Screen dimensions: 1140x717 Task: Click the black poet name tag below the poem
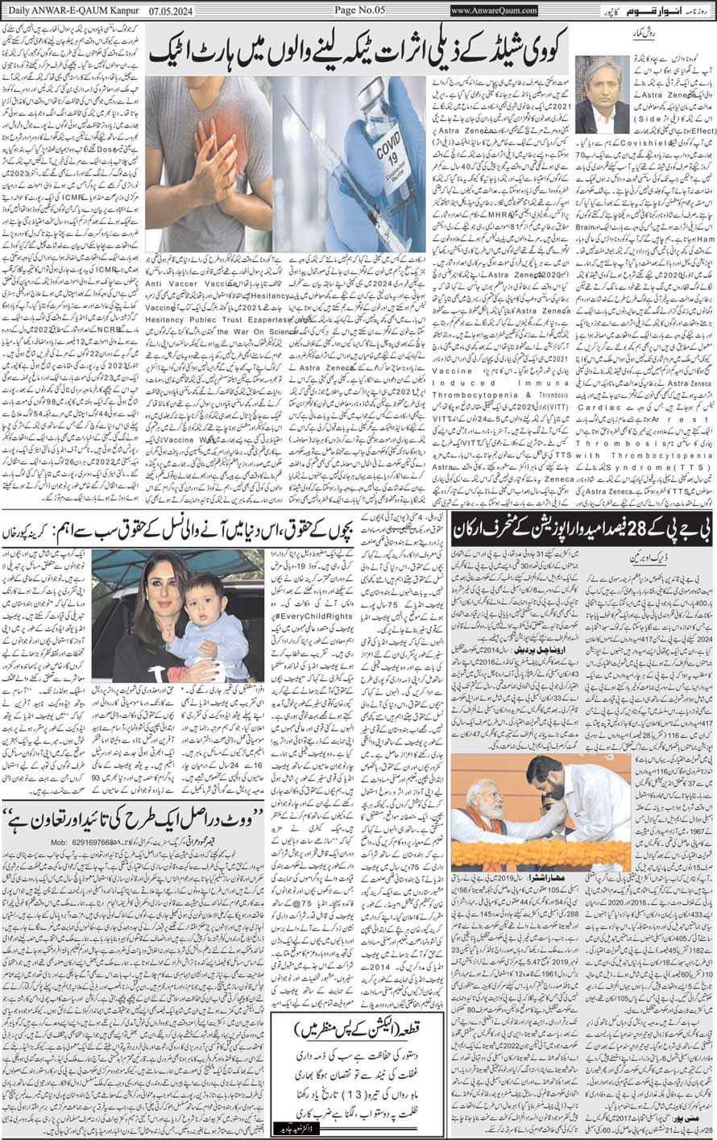click(x=307, y=1129)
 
